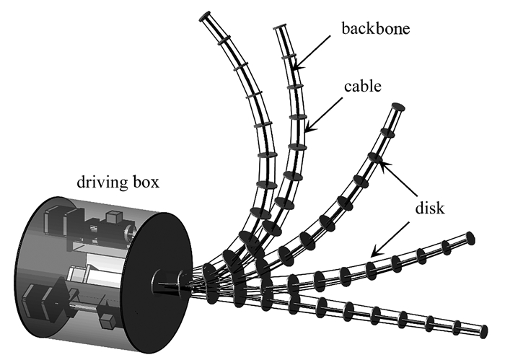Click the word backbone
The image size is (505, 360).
pos(376,28)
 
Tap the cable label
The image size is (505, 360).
pos(363,87)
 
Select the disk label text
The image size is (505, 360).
pos(430,208)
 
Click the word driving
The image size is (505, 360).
pos(102,183)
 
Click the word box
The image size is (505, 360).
pos(146,182)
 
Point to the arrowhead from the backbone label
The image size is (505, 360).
pos(297,66)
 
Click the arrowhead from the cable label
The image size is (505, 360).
pos(309,128)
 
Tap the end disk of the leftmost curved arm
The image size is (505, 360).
pos(205,17)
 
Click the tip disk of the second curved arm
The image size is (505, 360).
pos(280,27)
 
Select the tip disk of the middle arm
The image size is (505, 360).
pos(398,107)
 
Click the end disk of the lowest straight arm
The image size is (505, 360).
pos(484,331)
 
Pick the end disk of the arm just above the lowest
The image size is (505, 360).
pos(470,238)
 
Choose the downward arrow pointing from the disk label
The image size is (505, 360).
pos(390,239)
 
